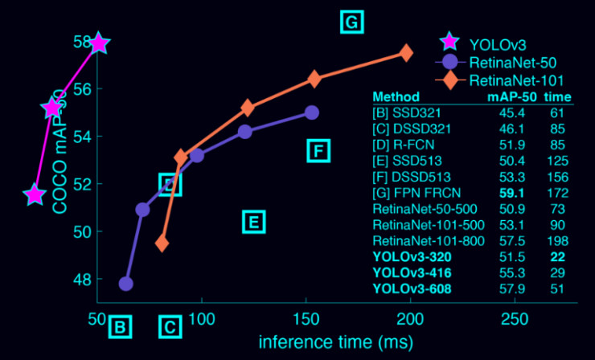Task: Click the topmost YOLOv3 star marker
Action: point(98,43)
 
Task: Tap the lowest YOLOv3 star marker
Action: point(34,194)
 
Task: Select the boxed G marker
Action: point(351,22)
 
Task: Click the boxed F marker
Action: point(318,150)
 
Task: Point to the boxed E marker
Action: point(253,222)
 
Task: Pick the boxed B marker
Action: point(119,327)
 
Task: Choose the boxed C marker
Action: point(169,327)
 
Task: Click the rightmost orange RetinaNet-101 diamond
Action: point(405,53)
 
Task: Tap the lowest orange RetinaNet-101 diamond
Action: point(162,243)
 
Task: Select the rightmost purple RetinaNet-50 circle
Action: point(312,112)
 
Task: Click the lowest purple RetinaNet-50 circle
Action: point(125,284)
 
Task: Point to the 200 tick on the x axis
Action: point(411,319)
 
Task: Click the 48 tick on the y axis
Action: point(83,280)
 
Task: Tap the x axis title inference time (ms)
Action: point(336,342)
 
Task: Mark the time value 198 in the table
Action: point(558,240)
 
